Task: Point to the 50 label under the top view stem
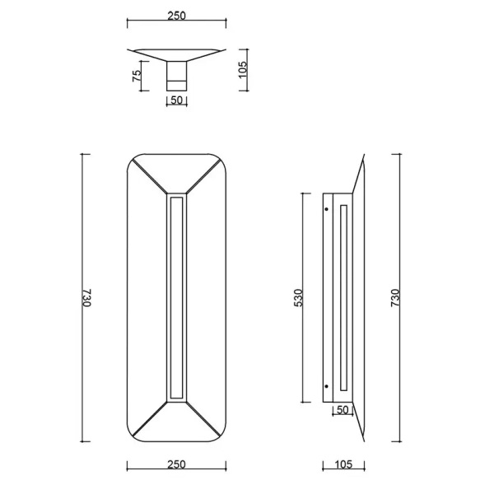coord(176,100)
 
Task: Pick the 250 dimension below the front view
coord(176,464)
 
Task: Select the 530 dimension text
coord(299,298)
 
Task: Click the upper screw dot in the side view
coord(328,209)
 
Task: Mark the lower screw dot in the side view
coord(328,387)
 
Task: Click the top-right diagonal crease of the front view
coord(203,175)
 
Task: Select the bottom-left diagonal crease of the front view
coord(150,421)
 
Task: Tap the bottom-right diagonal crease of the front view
coord(203,421)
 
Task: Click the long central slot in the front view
coord(176,298)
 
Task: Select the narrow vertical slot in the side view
coord(343,298)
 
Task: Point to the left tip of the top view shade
coord(130,50)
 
